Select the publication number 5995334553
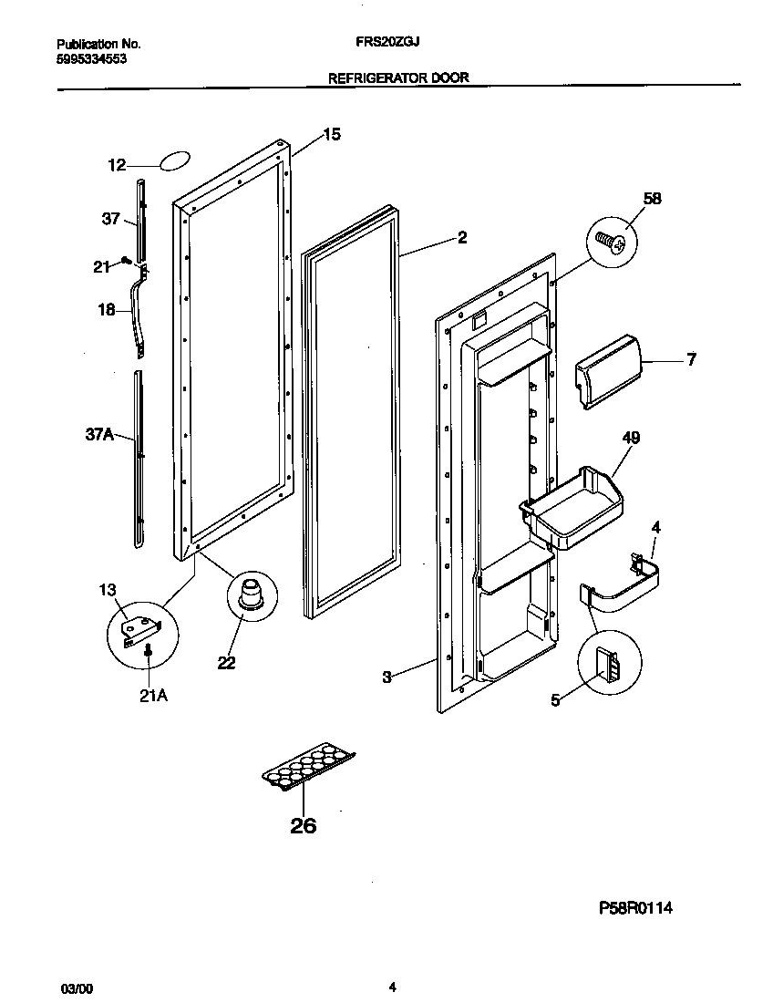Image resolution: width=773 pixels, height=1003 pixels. coord(91,58)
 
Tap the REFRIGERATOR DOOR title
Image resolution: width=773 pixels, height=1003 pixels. coord(398,78)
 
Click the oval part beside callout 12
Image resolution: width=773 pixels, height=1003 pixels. coord(174,162)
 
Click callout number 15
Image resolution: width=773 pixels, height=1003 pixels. coord(332,135)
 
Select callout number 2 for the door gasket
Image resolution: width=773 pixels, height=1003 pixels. coord(462,238)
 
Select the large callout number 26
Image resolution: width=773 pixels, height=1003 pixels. coord(303,826)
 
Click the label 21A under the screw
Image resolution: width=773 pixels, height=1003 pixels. coord(153,697)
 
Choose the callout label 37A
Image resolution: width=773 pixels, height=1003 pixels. coord(99,437)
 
